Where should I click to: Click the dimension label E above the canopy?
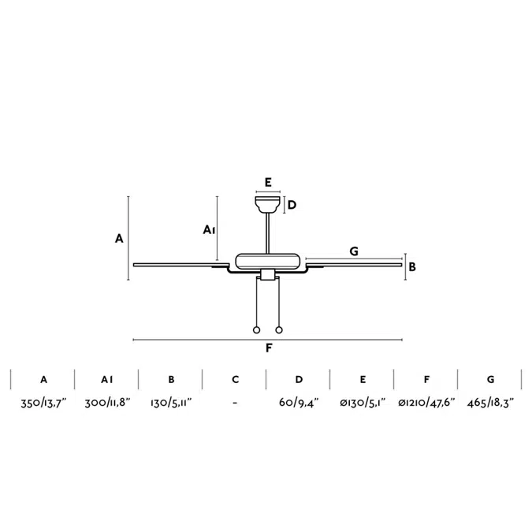tap(268, 183)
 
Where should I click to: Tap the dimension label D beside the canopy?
tap(292, 205)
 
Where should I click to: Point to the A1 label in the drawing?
tap(209, 230)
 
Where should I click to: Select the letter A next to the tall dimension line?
tap(119, 239)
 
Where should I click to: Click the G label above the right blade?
tap(354, 251)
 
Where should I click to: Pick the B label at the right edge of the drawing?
tap(412, 267)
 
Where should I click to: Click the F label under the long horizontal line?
tap(269, 348)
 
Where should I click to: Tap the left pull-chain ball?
tap(256, 329)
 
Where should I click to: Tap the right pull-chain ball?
tap(279, 329)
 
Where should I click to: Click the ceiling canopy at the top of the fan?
tap(268, 203)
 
